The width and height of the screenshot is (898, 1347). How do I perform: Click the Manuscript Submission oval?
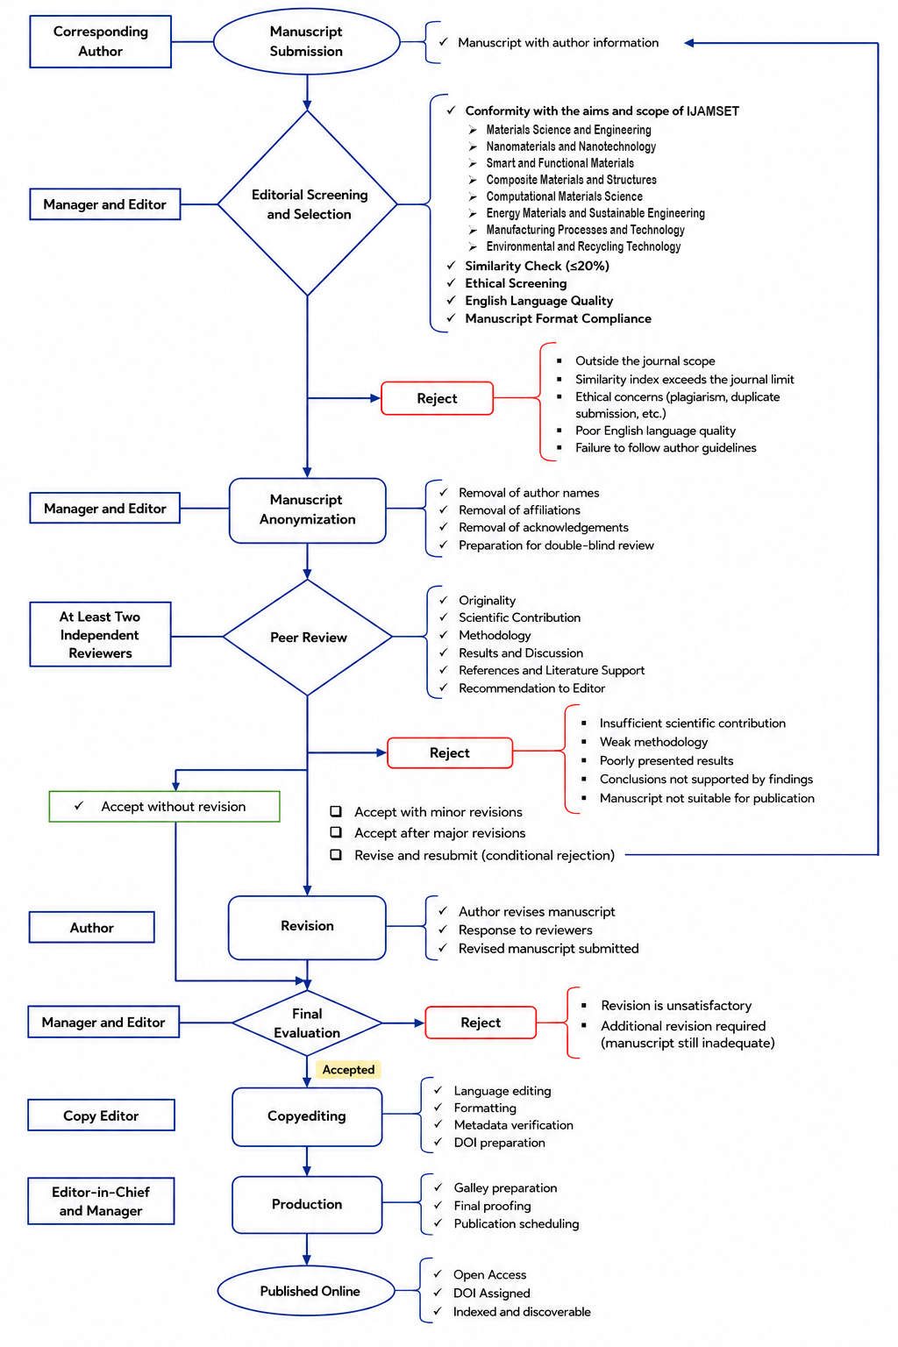(x=307, y=41)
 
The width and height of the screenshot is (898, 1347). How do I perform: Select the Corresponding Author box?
(x=101, y=41)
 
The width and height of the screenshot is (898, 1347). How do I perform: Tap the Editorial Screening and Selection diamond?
(x=307, y=203)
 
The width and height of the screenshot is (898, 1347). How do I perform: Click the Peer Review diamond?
(x=307, y=637)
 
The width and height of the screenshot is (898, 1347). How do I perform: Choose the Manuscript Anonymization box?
(x=307, y=510)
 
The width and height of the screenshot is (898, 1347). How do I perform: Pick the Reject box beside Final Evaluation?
(x=481, y=1023)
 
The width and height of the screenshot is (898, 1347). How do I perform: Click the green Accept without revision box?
(x=164, y=807)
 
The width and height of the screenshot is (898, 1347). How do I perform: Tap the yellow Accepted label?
(x=348, y=1069)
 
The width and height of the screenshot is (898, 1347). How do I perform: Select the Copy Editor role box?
(x=101, y=1115)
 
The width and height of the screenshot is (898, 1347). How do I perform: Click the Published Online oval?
(x=307, y=1291)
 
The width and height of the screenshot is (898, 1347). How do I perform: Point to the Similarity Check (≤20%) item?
(x=537, y=266)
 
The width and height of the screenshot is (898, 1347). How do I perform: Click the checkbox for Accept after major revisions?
(x=336, y=832)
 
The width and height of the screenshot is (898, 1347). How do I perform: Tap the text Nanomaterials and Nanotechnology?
(x=571, y=146)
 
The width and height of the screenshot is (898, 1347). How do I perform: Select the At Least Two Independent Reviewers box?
(x=101, y=634)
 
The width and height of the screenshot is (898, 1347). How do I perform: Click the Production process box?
(x=307, y=1204)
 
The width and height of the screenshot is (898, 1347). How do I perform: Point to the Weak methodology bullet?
(x=653, y=741)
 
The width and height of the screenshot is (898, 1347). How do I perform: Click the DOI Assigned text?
(x=491, y=1293)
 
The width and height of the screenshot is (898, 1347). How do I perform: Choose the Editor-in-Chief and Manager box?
(x=101, y=1201)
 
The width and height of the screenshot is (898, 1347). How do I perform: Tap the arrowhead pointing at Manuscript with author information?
(x=689, y=43)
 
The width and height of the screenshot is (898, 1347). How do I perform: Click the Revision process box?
(x=307, y=926)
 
